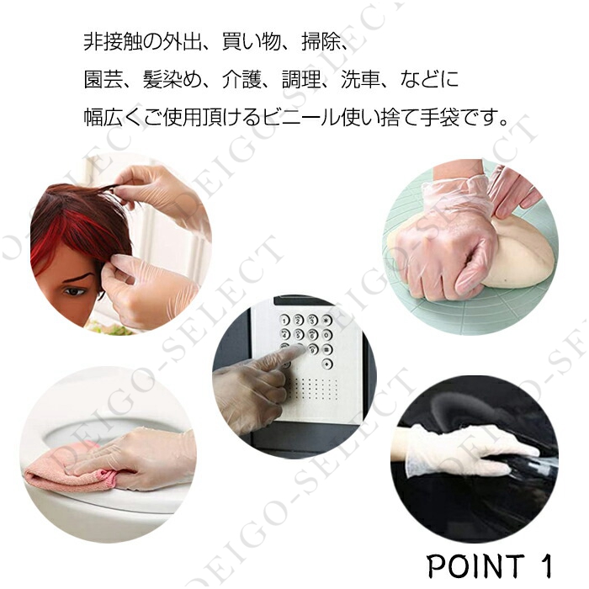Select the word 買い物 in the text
[252, 41]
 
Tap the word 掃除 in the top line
[321, 41]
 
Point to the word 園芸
[103, 79]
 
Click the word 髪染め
[172, 79]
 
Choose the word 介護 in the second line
[241, 79]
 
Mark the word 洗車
[360, 79]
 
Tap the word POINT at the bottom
[476, 565]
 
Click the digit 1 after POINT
[547, 565]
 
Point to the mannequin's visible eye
[74, 291]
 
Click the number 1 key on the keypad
[284, 321]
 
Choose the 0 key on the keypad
[326, 334]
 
